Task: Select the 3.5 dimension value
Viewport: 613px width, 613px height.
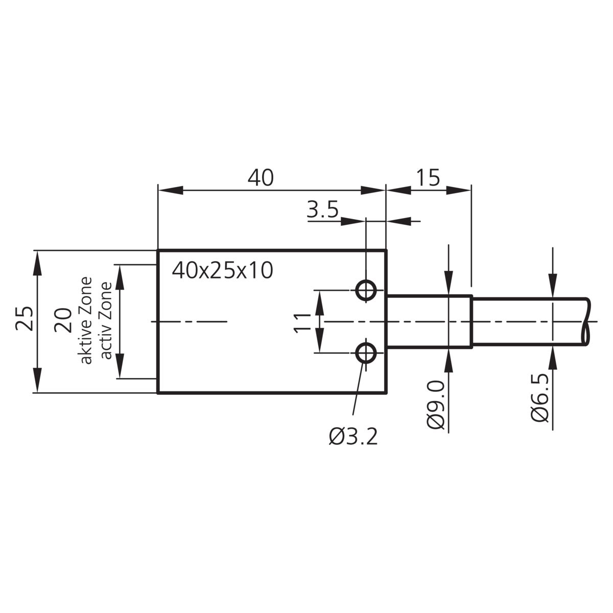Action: (322, 209)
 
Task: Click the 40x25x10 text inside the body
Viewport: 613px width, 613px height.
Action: (222, 271)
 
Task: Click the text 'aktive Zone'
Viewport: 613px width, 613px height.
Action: (86, 321)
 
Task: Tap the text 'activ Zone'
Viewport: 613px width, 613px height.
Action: (106, 321)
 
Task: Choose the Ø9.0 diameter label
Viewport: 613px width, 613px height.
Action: (435, 405)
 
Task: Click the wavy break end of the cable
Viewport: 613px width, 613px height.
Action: (586, 321)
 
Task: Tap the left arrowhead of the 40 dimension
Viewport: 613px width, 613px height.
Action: (171, 190)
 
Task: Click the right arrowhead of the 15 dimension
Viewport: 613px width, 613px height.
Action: (458, 190)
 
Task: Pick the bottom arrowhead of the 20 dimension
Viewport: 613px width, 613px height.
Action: (120, 366)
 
